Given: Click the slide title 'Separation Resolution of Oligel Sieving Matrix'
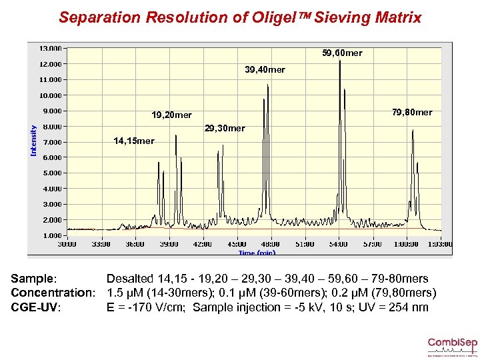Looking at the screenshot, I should [x=240, y=17].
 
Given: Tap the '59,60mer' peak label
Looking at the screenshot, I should [x=342, y=53].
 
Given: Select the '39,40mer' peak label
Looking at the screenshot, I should [x=265, y=69].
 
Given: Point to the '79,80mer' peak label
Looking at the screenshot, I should [x=411, y=112].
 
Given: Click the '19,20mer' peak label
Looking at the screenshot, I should [x=171, y=115].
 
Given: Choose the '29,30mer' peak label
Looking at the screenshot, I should [x=225, y=128].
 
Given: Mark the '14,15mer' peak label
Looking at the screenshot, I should [x=133, y=141].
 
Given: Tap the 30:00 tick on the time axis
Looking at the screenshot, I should [x=67, y=244].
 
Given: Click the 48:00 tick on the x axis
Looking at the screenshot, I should [x=270, y=244].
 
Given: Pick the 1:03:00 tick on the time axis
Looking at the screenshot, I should [x=440, y=244].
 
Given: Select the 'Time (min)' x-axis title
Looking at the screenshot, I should [x=257, y=253].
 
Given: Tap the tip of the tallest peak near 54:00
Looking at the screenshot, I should [x=340, y=61].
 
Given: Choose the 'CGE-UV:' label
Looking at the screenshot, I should [x=37, y=307].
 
